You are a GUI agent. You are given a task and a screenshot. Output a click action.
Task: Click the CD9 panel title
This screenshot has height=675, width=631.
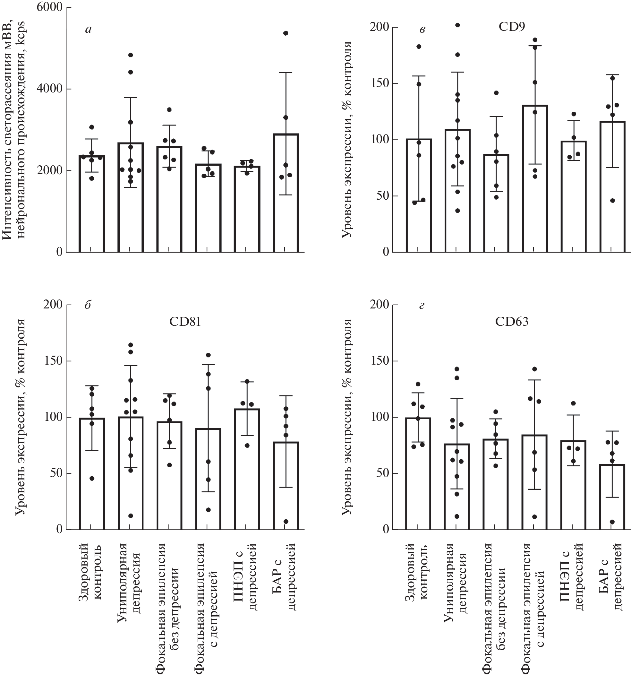pyautogui.click(x=512, y=27)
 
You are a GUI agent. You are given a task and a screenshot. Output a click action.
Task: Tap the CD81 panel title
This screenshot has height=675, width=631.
pyautogui.click(x=185, y=321)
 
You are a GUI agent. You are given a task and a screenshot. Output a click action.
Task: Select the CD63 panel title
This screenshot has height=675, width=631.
pyautogui.click(x=512, y=321)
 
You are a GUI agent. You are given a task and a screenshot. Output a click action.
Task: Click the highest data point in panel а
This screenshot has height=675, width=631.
pyautogui.click(x=286, y=33)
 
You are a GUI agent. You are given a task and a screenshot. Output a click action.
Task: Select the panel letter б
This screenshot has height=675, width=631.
pyautogui.click(x=88, y=305)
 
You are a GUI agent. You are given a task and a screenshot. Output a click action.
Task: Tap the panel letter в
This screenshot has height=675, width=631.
pyautogui.click(x=422, y=30)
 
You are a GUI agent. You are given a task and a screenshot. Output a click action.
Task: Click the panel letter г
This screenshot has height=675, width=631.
pyautogui.click(x=422, y=306)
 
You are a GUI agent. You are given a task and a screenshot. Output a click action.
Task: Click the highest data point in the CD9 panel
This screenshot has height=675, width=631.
pyautogui.click(x=457, y=25)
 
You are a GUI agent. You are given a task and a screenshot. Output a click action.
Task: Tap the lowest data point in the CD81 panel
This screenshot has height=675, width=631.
pyautogui.click(x=286, y=522)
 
